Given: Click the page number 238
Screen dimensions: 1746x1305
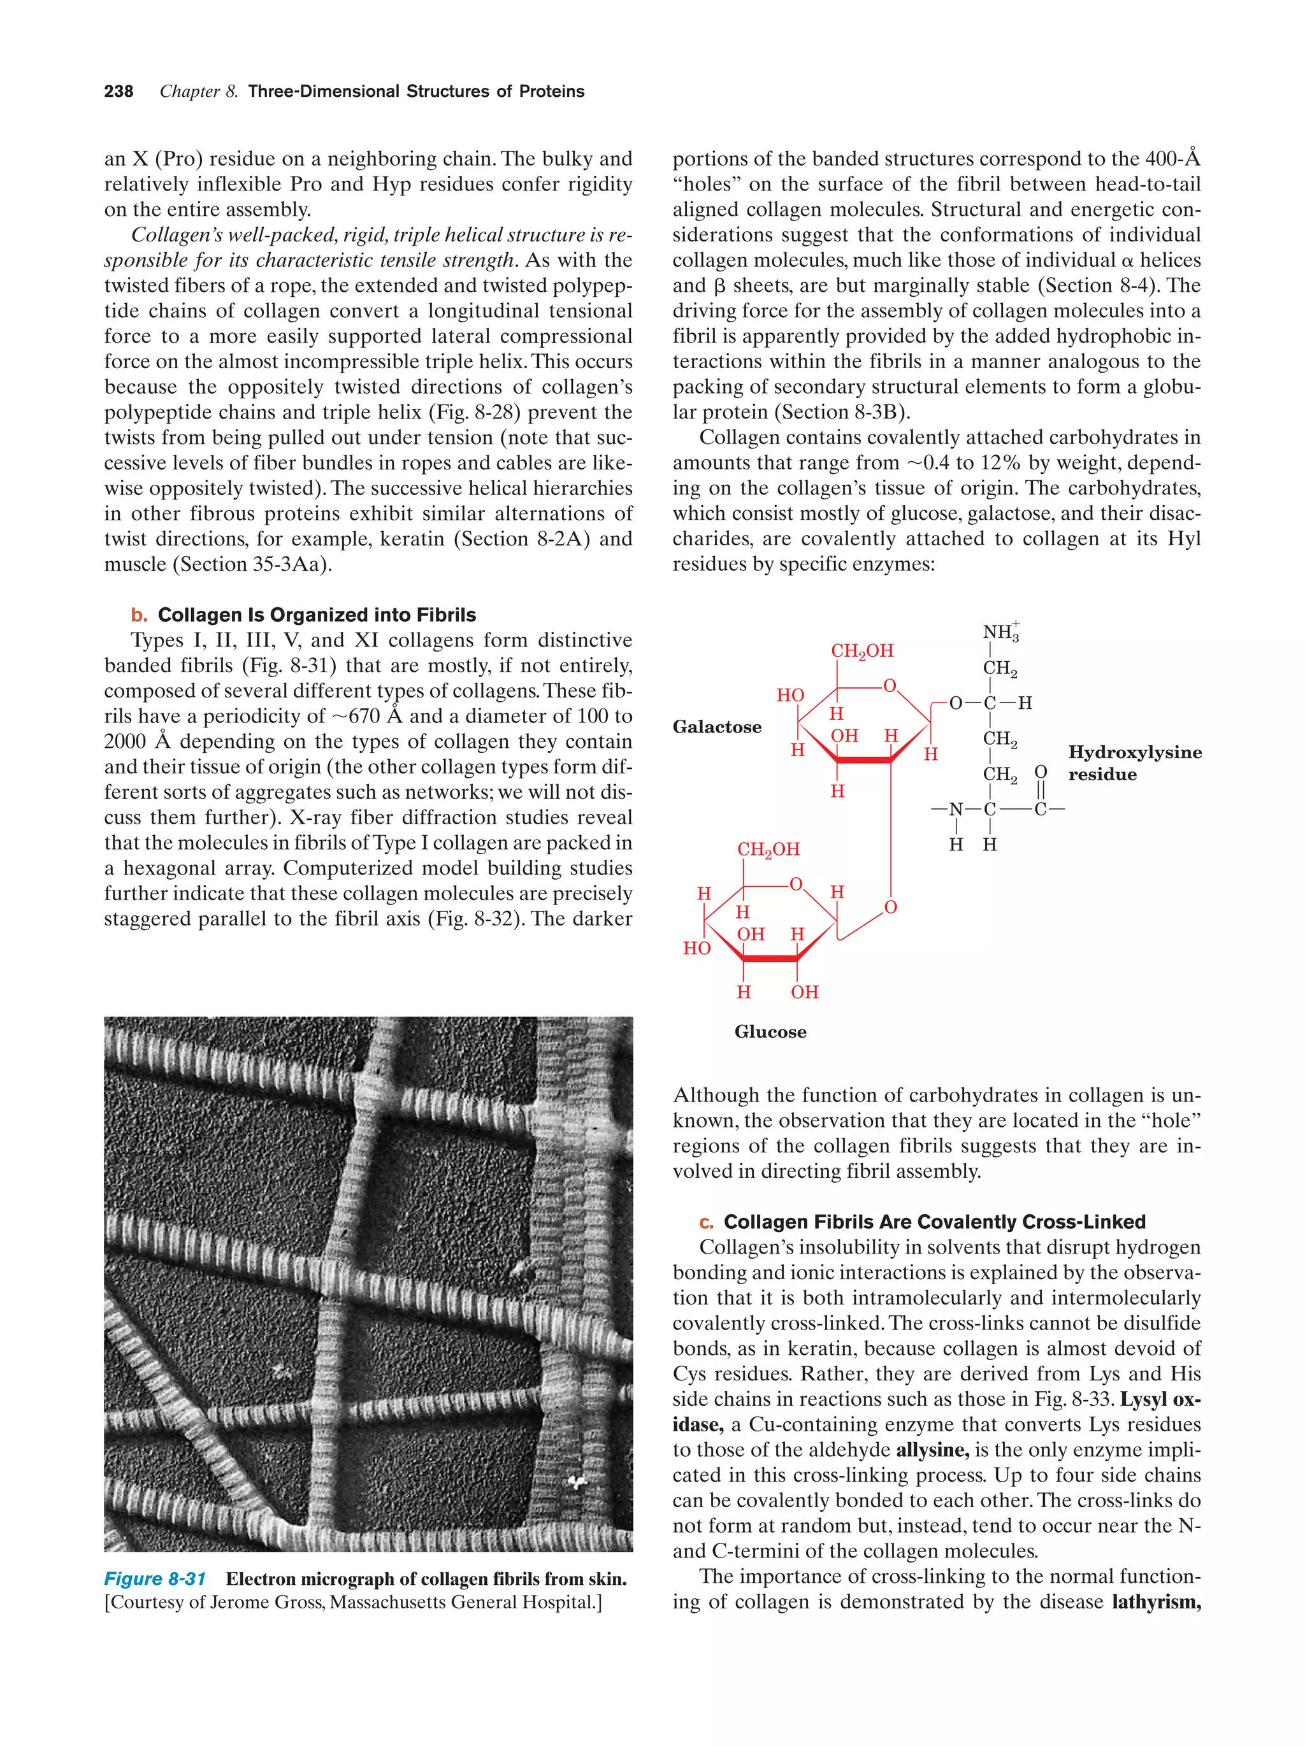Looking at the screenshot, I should point(119,92).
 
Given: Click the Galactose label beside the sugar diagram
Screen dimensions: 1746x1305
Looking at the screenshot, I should point(716,727).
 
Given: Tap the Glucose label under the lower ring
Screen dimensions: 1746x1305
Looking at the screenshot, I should point(770,1032).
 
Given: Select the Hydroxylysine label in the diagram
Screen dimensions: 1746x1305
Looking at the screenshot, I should point(1134,752).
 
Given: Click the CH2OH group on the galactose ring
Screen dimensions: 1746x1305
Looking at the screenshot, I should point(862,651).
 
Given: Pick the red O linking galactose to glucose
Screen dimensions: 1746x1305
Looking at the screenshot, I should point(891,908).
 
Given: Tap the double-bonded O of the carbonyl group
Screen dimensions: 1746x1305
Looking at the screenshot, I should point(1041,771).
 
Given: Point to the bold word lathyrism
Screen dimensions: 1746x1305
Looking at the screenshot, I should point(1156,1601).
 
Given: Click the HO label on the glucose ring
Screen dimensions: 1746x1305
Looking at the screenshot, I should point(696,948).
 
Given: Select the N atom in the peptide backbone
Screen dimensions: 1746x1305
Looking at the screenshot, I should point(956,809).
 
